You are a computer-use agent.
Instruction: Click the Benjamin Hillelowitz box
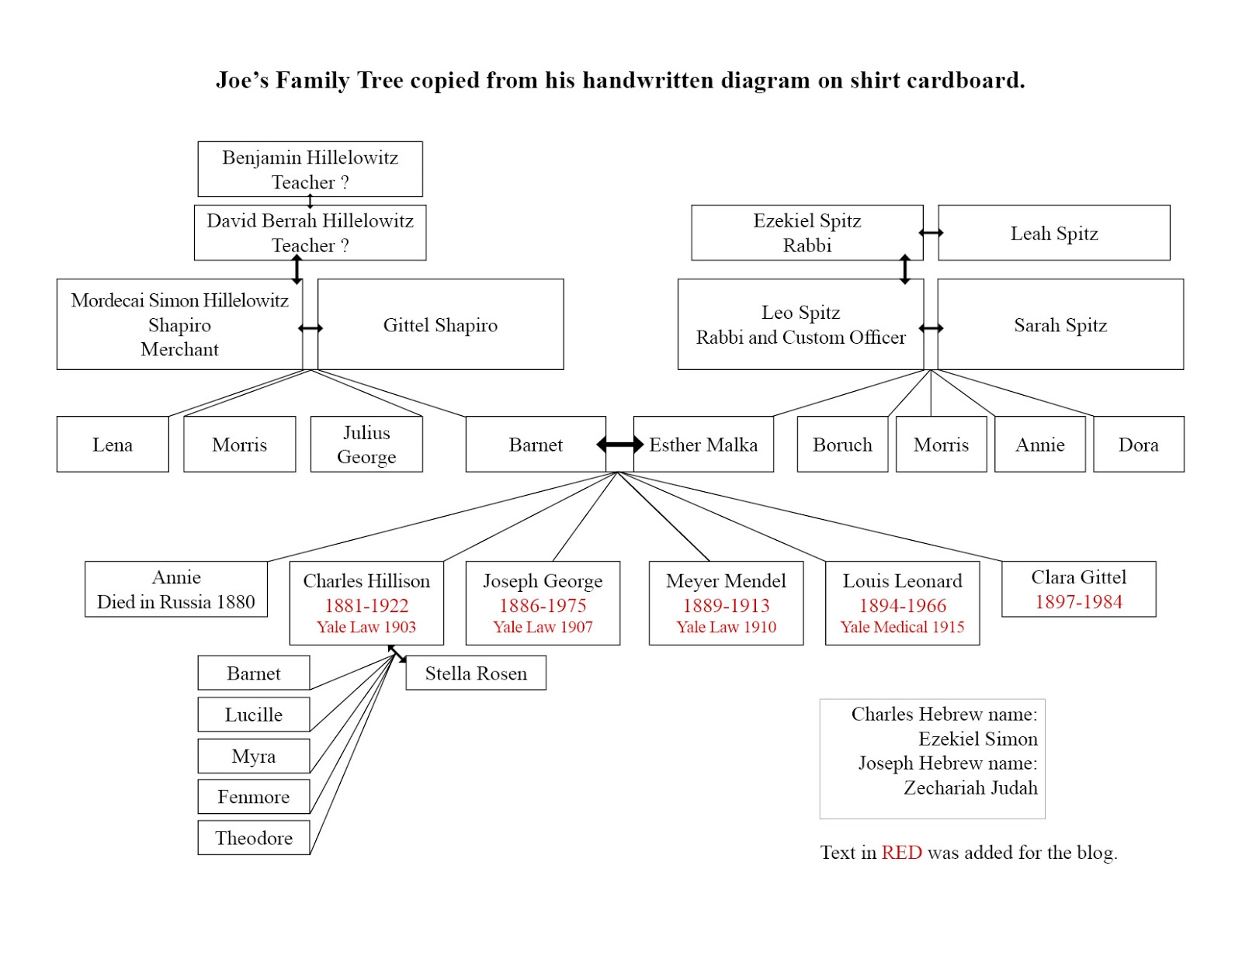[x=310, y=168]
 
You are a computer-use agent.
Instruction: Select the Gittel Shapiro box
[x=440, y=324]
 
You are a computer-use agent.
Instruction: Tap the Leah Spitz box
[x=1053, y=233]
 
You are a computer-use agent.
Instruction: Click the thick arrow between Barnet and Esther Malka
[x=619, y=445]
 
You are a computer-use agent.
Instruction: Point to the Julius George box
[x=366, y=444]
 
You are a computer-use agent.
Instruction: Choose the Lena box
[x=113, y=444]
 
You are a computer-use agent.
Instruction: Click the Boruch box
[x=842, y=444]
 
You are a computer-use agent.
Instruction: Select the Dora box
[x=1138, y=444]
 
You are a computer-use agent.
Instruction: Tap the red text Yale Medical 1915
[x=902, y=627]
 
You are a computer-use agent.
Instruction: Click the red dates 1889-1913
[x=726, y=605]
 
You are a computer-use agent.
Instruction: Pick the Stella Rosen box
[x=476, y=673]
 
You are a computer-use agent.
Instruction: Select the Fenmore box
[x=253, y=796]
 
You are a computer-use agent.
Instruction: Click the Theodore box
[x=253, y=838]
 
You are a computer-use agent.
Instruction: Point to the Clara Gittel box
[x=1078, y=589]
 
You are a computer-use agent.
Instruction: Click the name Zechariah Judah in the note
[x=970, y=788]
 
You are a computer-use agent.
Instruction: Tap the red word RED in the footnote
[x=901, y=852]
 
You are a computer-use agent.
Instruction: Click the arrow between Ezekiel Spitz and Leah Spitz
[x=931, y=233]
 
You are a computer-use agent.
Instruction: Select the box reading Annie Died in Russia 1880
[x=176, y=589]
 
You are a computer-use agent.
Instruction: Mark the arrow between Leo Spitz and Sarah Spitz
[x=931, y=327]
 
